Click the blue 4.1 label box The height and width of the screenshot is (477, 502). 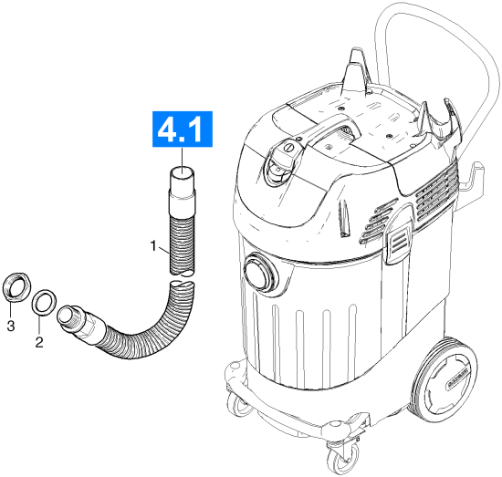[183, 130]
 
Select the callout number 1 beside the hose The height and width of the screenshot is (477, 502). [153, 246]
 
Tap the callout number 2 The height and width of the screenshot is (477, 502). [39, 343]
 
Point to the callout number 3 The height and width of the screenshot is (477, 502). [11, 326]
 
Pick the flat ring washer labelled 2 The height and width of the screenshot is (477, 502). [45, 302]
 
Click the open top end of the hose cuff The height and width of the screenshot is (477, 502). [182, 172]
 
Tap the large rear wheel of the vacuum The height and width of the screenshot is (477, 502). [446, 379]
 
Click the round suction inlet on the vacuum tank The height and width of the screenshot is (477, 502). [260, 273]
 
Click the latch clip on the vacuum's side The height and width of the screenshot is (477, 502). [398, 243]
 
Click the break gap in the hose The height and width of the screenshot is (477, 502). [182, 277]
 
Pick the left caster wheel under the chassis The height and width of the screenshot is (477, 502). [238, 404]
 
